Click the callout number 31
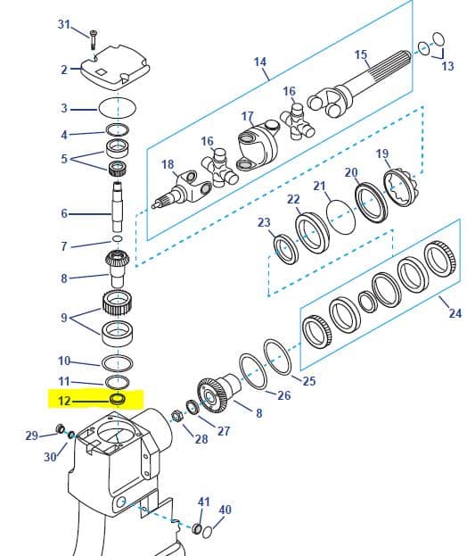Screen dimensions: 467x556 point(64,24)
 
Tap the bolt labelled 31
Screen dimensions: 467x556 point(93,39)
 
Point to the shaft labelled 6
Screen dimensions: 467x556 point(117,206)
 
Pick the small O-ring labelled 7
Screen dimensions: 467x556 point(117,239)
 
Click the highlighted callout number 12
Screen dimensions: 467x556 point(64,401)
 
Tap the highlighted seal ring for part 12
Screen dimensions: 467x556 point(117,399)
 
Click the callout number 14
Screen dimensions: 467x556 point(260,62)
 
